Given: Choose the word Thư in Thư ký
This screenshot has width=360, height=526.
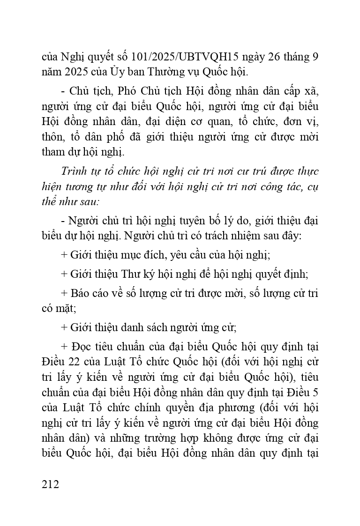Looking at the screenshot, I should [x=135, y=274].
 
